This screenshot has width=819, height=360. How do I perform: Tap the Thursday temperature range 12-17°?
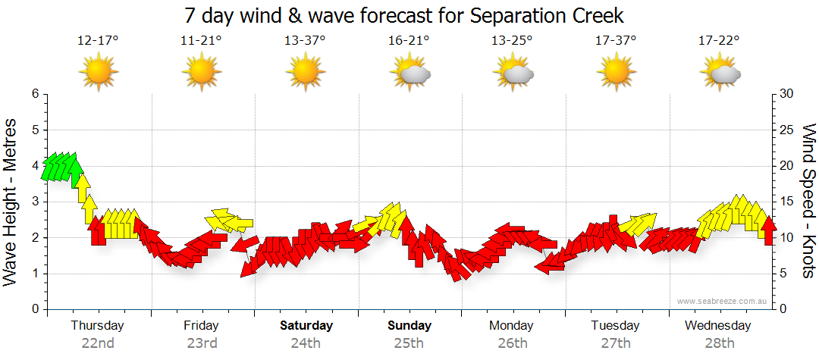(x=98, y=41)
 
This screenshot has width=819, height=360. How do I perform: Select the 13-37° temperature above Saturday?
(x=305, y=41)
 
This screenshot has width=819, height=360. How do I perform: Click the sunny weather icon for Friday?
(x=202, y=73)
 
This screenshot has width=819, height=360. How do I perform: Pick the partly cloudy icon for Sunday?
(x=410, y=73)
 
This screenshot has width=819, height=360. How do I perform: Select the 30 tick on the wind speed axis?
(x=787, y=94)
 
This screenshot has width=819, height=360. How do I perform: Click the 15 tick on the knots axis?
(x=787, y=202)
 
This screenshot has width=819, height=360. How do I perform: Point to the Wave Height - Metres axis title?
(x=11, y=201)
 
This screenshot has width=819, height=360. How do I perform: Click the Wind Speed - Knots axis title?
(x=808, y=201)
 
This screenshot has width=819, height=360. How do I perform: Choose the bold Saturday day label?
(x=306, y=326)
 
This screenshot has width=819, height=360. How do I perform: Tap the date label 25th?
(x=409, y=343)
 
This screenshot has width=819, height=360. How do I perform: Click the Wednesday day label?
(x=717, y=326)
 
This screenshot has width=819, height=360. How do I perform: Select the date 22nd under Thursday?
(x=98, y=343)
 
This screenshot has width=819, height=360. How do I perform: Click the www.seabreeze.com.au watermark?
(x=723, y=301)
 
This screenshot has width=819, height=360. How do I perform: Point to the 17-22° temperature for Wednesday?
(x=719, y=41)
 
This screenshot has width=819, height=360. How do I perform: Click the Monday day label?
(x=512, y=326)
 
